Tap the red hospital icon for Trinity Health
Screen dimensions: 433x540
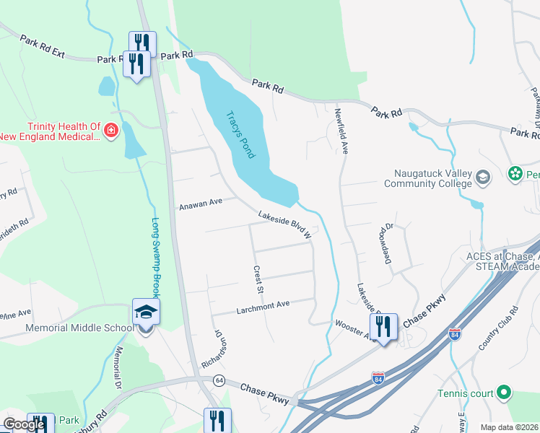click(x=111, y=131)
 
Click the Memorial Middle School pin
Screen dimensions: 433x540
click(x=145, y=312)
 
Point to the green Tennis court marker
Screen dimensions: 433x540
click(x=505, y=393)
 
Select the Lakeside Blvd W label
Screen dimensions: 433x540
click(x=285, y=224)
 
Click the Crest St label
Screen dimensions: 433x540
click(x=256, y=279)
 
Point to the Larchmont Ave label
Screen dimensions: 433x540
click(x=263, y=307)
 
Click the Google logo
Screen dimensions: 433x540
click(x=24, y=424)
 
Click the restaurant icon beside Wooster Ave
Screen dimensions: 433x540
click(x=383, y=327)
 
